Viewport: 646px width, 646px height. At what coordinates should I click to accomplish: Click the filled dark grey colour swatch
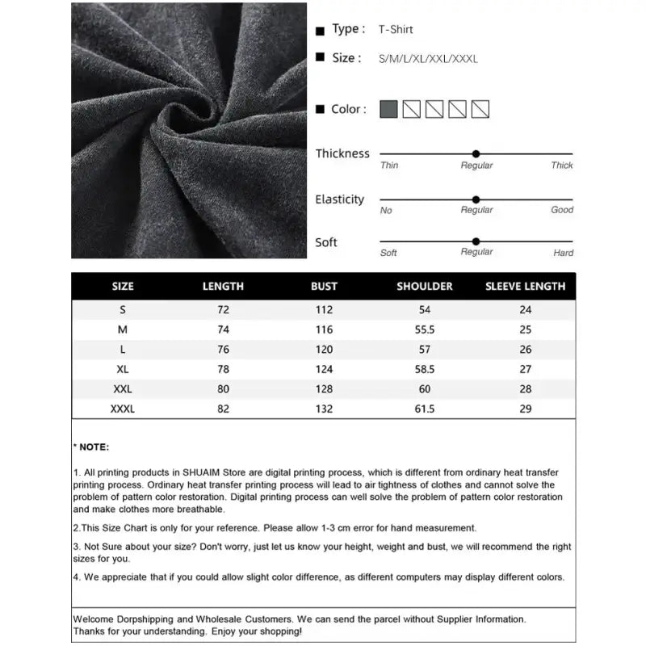point(388,109)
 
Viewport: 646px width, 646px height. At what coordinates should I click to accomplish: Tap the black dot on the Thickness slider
point(476,153)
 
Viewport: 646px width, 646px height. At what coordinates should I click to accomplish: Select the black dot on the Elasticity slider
point(476,199)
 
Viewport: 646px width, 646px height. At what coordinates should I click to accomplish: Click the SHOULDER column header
point(425,287)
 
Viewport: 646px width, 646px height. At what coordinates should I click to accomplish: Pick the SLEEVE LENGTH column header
point(525,287)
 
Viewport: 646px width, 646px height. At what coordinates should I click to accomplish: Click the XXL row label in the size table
point(123,389)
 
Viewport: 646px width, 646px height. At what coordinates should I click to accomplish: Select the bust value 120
point(324,350)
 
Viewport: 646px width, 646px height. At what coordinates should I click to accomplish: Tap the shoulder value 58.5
point(425,369)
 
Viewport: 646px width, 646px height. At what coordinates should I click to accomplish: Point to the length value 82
point(223,409)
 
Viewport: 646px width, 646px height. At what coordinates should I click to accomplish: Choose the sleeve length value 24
point(526,310)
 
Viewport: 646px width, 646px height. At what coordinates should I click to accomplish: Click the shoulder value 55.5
point(425,329)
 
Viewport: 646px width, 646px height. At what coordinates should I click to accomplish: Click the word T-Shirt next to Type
point(396,30)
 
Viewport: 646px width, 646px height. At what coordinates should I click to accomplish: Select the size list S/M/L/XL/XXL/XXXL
point(428,59)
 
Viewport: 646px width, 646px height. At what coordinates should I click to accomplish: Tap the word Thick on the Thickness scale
point(562,166)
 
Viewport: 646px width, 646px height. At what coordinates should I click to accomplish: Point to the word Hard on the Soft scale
point(564,253)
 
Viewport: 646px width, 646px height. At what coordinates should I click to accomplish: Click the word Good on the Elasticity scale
point(562,210)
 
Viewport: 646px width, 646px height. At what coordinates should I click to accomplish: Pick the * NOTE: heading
point(91,447)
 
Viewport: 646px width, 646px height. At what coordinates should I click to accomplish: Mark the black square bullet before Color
point(321,110)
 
